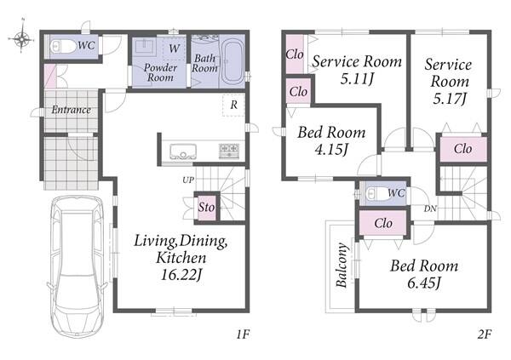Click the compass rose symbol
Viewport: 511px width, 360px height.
(x=22, y=38)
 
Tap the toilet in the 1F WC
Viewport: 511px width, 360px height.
(x=63, y=47)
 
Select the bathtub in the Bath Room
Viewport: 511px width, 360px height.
(x=232, y=61)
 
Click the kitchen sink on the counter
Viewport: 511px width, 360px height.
(x=183, y=151)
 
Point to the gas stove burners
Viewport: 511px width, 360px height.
(x=229, y=151)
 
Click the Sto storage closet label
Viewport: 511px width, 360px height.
(x=207, y=207)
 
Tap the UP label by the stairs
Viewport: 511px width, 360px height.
(x=188, y=180)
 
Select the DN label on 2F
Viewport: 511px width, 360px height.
(x=430, y=209)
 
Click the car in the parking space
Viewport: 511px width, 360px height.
(x=78, y=266)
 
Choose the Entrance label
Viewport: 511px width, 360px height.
(x=71, y=110)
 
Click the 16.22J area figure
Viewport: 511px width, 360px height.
(x=181, y=275)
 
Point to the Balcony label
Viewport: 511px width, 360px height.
(x=342, y=265)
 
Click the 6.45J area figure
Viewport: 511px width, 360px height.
(x=424, y=283)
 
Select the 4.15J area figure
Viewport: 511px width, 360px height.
(x=331, y=149)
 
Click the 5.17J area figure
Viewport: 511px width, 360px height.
(x=450, y=98)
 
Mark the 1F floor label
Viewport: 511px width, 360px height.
(x=243, y=334)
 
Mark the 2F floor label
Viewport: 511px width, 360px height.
(x=485, y=334)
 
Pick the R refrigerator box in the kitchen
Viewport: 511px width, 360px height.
(x=233, y=105)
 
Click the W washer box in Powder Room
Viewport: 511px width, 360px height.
(x=174, y=49)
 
